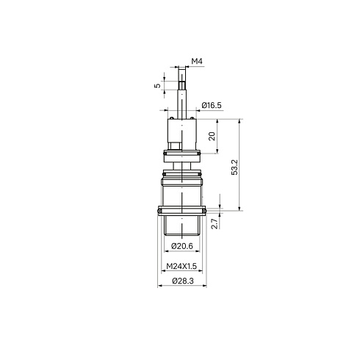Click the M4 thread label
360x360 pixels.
click(197, 61)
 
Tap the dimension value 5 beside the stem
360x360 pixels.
click(157, 85)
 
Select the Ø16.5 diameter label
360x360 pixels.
click(212, 105)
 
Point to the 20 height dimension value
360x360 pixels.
click(212, 136)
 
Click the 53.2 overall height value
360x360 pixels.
click(234, 168)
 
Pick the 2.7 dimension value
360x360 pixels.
click(215, 223)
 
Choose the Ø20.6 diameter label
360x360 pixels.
click(182, 246)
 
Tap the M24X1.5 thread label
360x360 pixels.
click(181, 266)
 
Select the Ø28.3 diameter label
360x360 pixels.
click(183, 281)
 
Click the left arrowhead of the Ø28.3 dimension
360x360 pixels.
click(159, 286)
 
